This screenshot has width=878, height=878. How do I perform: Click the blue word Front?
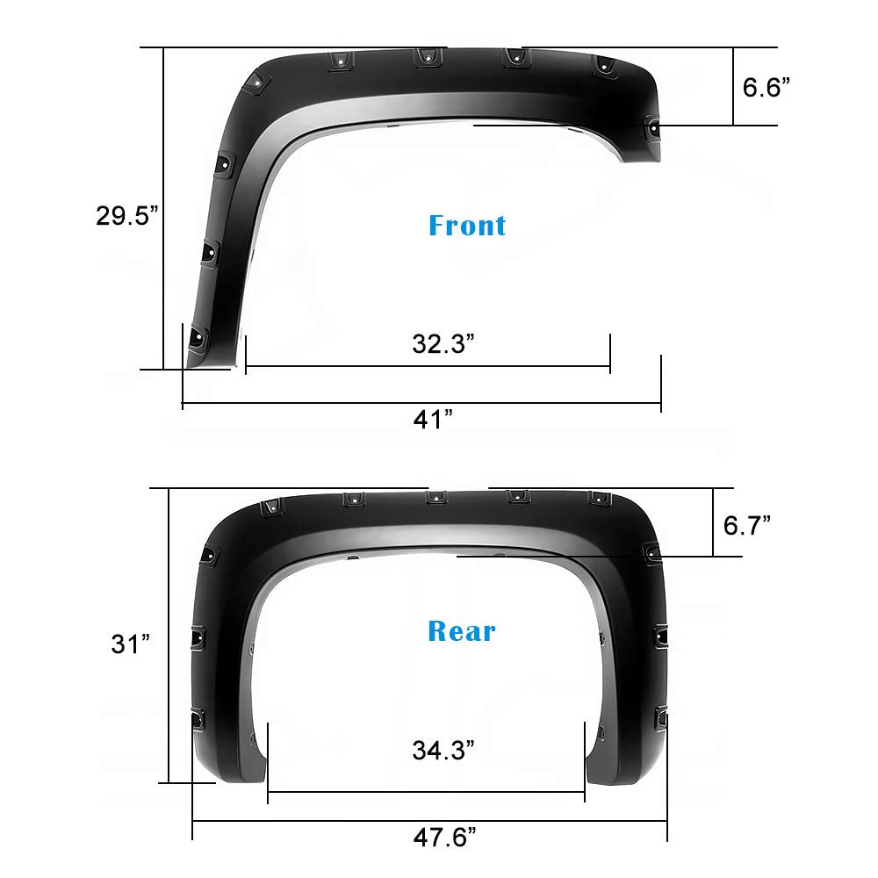pos(467,225)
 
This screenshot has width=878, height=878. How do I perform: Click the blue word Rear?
pos(462,630)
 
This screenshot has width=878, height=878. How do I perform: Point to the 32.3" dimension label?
pos(443,343)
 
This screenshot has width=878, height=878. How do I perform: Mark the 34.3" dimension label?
pos(443,750)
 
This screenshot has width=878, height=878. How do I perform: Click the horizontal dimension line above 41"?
pos(421,404)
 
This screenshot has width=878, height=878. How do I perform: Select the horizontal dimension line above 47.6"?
pos(430,821)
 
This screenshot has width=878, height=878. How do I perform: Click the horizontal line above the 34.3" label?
pos(426,791)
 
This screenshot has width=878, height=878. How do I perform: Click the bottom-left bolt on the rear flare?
pos(197,720)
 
